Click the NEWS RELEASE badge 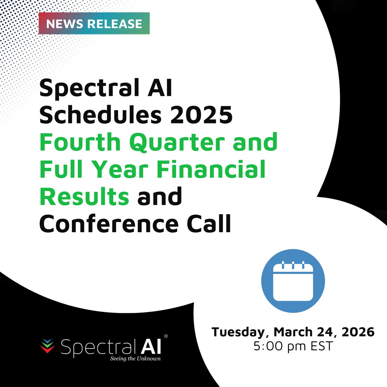coord(94,23)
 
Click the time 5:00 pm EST coord(293,346)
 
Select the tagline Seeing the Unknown coord(135,358)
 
